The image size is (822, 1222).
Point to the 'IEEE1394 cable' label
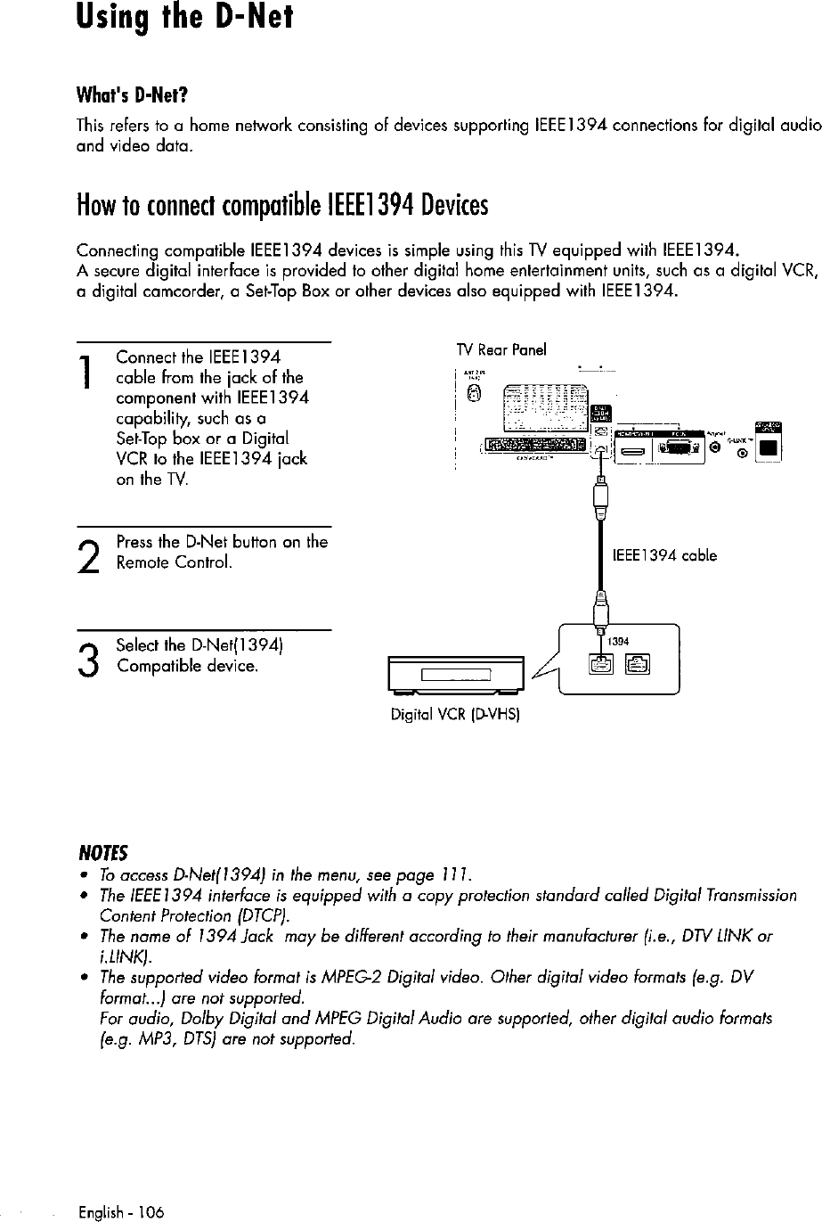[664, 555]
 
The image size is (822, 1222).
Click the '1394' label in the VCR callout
[619, 643]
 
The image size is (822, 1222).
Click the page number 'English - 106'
[121, 1213]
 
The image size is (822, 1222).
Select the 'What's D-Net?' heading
[134, 95]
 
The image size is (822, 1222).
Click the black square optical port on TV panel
[768, 448]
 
